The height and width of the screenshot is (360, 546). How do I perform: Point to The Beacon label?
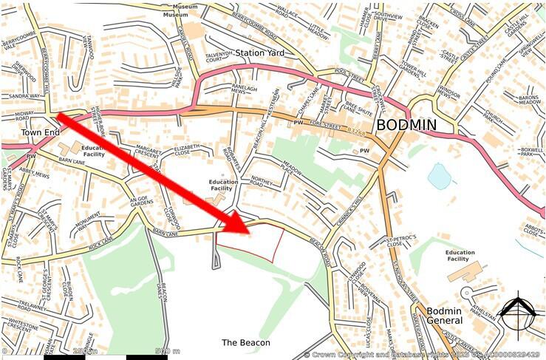click(x=246, y=343)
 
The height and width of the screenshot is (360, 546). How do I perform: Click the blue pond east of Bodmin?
click(x=439, y=177)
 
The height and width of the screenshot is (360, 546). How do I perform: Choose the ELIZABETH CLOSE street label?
click(x=186, y=151)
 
